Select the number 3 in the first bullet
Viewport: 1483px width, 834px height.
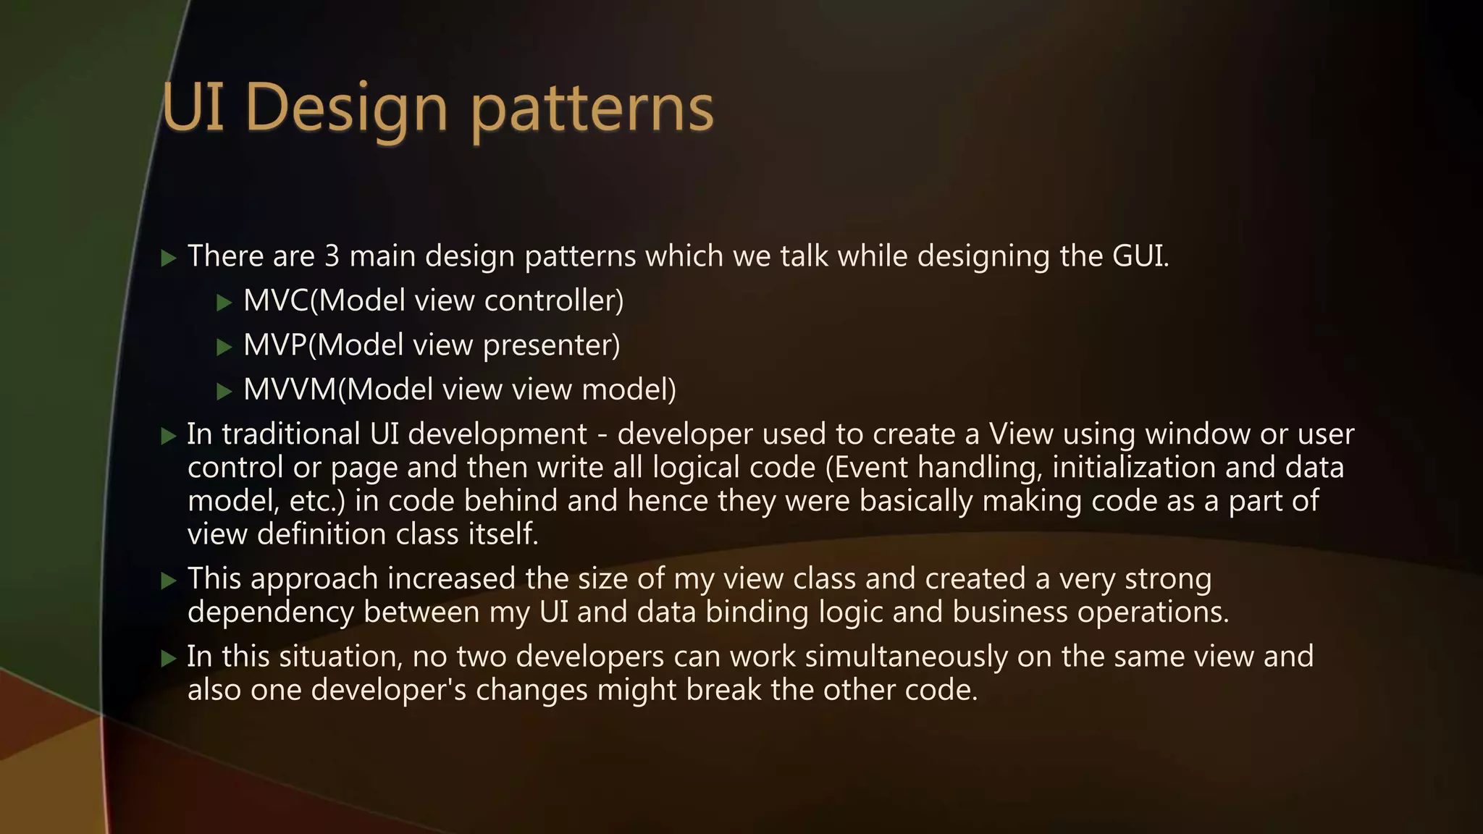(x=332, y=256)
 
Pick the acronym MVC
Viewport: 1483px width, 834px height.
(x=276, y=301)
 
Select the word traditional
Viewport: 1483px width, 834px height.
(x=291, y=434)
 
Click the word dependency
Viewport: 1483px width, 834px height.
(x=271, y=612)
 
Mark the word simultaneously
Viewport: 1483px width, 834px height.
(x=906, y=657)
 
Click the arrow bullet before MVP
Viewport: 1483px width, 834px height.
(x=224, y=347)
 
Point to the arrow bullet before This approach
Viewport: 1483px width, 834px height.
(x=169, y=581)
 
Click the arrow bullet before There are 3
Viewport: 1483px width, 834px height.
(x=169, y=258)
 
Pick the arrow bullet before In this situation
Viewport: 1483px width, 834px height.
(x=169, y=658)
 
